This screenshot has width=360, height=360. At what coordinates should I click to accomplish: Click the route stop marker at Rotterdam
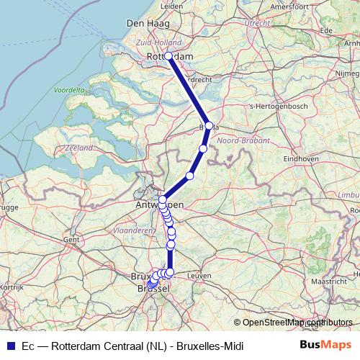168,55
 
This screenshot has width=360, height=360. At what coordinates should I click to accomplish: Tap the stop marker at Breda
209,125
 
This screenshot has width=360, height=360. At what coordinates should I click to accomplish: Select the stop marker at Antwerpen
163,199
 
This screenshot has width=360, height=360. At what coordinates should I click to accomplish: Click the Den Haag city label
148,23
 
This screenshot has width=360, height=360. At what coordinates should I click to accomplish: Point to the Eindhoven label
302,158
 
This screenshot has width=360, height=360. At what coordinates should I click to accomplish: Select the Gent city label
71,239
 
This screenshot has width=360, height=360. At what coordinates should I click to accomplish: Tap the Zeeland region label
79,147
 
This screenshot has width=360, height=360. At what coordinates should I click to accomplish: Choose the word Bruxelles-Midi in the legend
209,346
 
